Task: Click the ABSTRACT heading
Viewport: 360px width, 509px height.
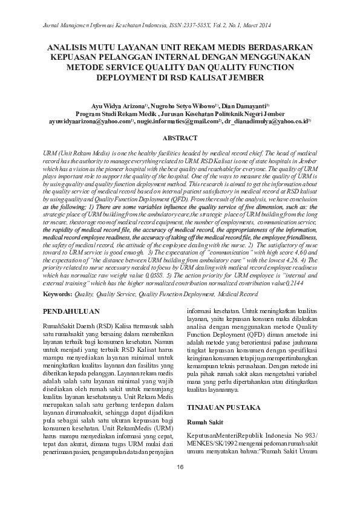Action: point(180,138)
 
